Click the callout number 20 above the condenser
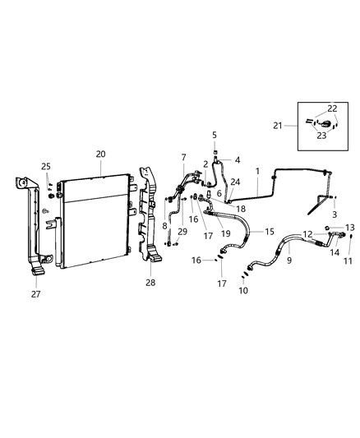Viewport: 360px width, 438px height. [100, 154]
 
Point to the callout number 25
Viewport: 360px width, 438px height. [46, 167]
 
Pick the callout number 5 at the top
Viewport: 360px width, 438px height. [214, 135]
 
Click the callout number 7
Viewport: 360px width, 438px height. [183, 157]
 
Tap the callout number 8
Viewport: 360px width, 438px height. [165, 225]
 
